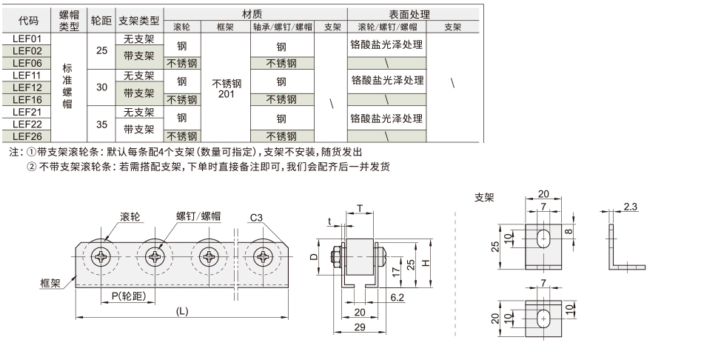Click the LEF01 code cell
27,39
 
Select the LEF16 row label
27,99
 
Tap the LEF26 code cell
27,136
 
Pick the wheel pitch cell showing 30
101,87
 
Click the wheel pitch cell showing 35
101,124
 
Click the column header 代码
27,21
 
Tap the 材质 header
255,14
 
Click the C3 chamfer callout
257,218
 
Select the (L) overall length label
182,311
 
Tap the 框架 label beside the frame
51,282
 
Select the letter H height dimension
423,263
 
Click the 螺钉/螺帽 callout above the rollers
198,216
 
